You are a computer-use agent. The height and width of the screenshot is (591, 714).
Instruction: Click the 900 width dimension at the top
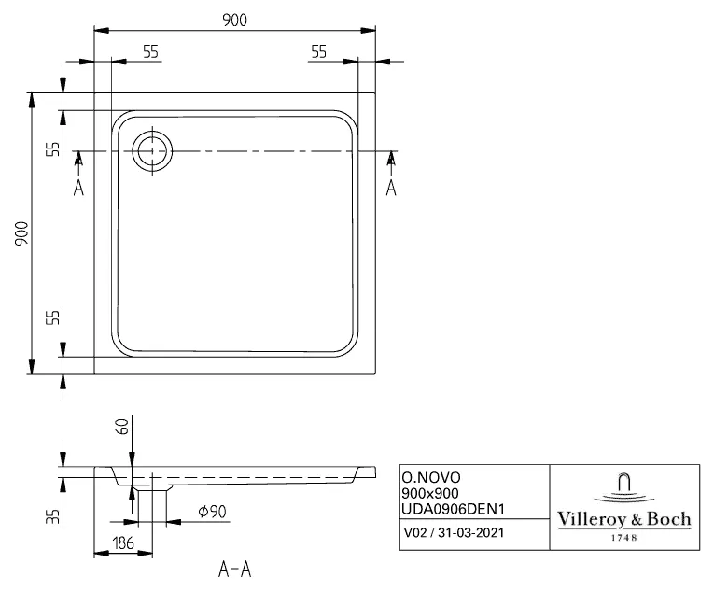(x=235, y=21)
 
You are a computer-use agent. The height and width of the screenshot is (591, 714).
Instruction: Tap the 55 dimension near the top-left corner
(x=150, y=52)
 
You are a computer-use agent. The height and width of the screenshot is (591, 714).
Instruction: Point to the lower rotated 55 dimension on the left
(x=52, y=317)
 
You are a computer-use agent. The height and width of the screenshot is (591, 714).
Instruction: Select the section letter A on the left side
(x=78, y=188)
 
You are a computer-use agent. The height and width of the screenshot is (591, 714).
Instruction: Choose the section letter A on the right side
(x=391, y=188)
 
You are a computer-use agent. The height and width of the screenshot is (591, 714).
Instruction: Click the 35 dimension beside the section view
(x=53, y=515)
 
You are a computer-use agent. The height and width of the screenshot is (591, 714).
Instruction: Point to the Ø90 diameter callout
(x=214, y=511)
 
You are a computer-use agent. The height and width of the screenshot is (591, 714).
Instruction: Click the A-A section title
(x=234, y=569)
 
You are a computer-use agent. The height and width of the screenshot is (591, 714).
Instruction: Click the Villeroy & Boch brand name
(x=623, y=519)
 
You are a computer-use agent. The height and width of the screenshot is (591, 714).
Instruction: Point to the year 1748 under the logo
(x=623, y=538)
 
